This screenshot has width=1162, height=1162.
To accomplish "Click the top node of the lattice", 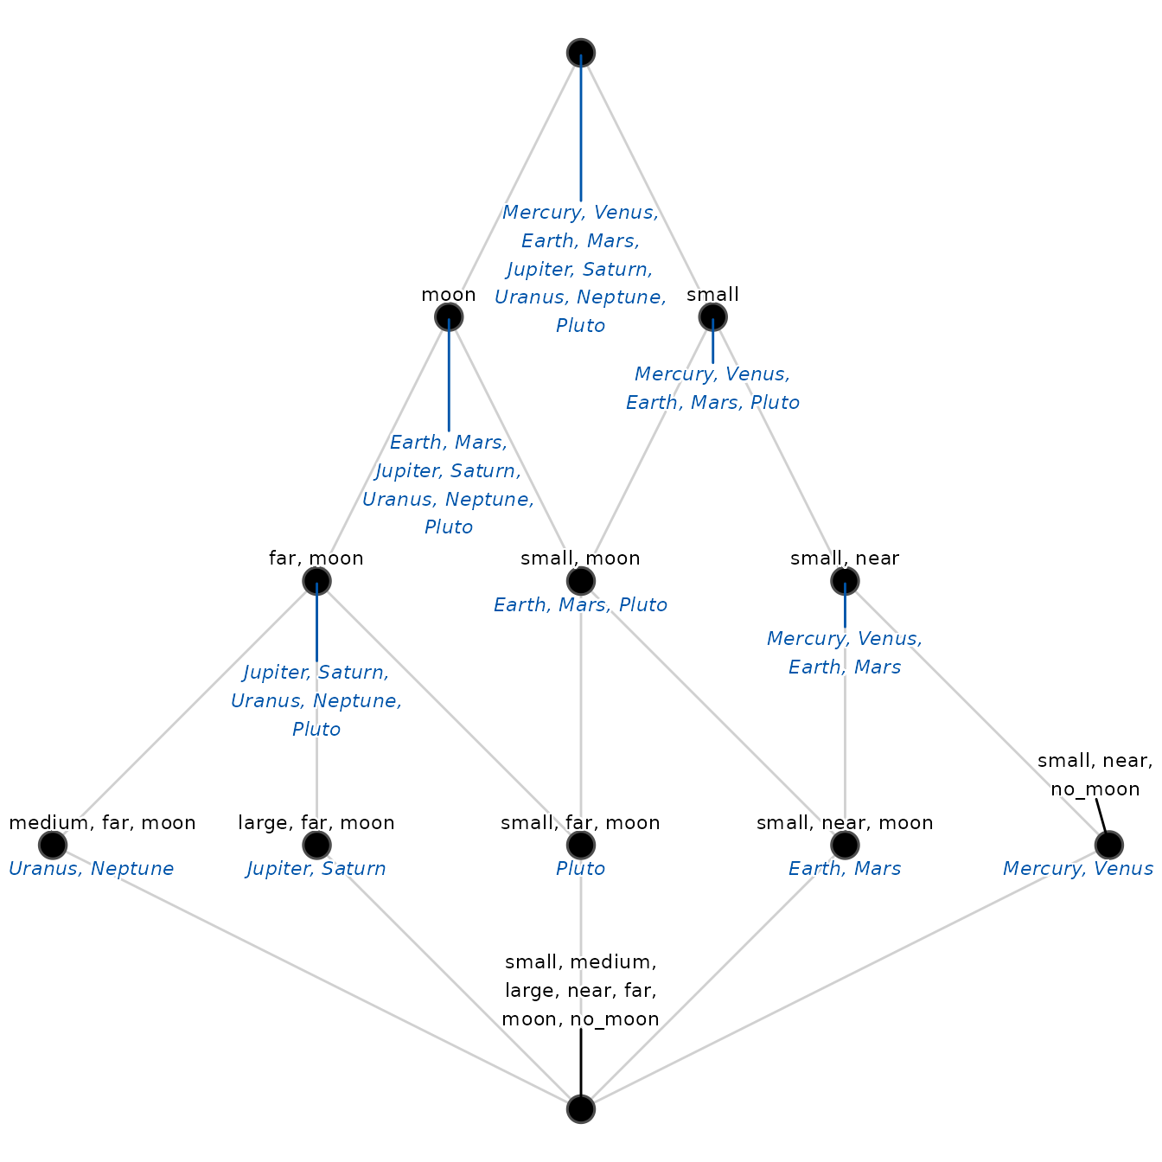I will [x=581, y=53].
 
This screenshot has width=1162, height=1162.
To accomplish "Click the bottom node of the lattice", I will [x=581, y=1108].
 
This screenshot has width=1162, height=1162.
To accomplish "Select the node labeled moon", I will [x=449, y=316].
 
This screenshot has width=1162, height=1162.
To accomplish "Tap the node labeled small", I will [x=712, y=316].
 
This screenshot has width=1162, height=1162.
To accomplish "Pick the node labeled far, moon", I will [x=316, y=581].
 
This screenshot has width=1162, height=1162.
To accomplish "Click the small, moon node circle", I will [x=581, y=581].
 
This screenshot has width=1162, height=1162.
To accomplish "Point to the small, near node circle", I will [x=845, y=581].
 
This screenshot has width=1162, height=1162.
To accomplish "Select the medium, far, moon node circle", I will [x=53, y=845].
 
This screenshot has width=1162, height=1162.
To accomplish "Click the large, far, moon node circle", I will [x=316, y=845].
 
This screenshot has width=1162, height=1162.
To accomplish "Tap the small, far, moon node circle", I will [x=581, y=845].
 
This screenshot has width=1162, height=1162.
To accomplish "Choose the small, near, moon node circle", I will [x=845, y=845].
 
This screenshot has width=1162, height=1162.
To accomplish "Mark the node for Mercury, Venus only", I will [x=1108, y=845].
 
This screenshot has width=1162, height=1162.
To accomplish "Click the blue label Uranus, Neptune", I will [x=91, y=869].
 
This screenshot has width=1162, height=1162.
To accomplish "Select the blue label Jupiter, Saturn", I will [x=316, y=869].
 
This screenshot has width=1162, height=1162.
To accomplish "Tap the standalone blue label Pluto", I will [x=581, y=869].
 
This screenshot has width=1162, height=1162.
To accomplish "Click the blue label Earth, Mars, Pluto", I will [x=581, y=605].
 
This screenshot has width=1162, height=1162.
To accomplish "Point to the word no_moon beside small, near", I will [x=1095, y=789].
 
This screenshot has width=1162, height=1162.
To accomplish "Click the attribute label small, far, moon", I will [x=581, y=822].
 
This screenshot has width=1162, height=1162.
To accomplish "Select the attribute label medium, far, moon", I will [x=103, y=822].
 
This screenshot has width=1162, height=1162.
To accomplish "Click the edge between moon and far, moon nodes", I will [x=383, y=449].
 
